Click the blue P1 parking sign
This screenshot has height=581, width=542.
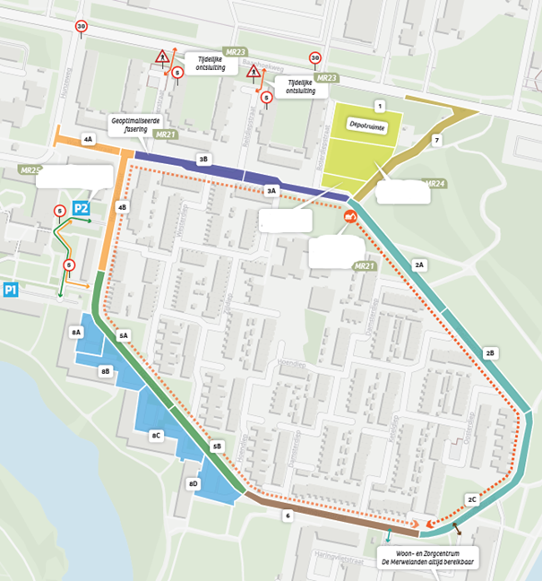(11, 290)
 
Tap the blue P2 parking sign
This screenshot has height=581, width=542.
(81, 209)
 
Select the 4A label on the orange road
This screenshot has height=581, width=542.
(87, 140)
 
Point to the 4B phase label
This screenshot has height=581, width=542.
(122, 207)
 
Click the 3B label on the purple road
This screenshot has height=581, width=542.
(203, 159)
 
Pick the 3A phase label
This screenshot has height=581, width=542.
(271, 191)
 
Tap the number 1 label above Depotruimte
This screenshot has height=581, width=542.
(380, 106)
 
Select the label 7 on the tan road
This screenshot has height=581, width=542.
(436, 141)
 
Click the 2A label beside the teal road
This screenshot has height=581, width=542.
(419, 265)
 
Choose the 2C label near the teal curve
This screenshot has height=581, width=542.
(471, 499)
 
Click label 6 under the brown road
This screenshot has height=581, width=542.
(287, 516)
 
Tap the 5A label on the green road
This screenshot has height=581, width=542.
(124, 334)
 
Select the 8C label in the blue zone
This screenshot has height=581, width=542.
(157, 436)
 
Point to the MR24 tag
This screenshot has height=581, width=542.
(435, 184)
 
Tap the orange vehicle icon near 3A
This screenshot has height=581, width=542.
(346, 217)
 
